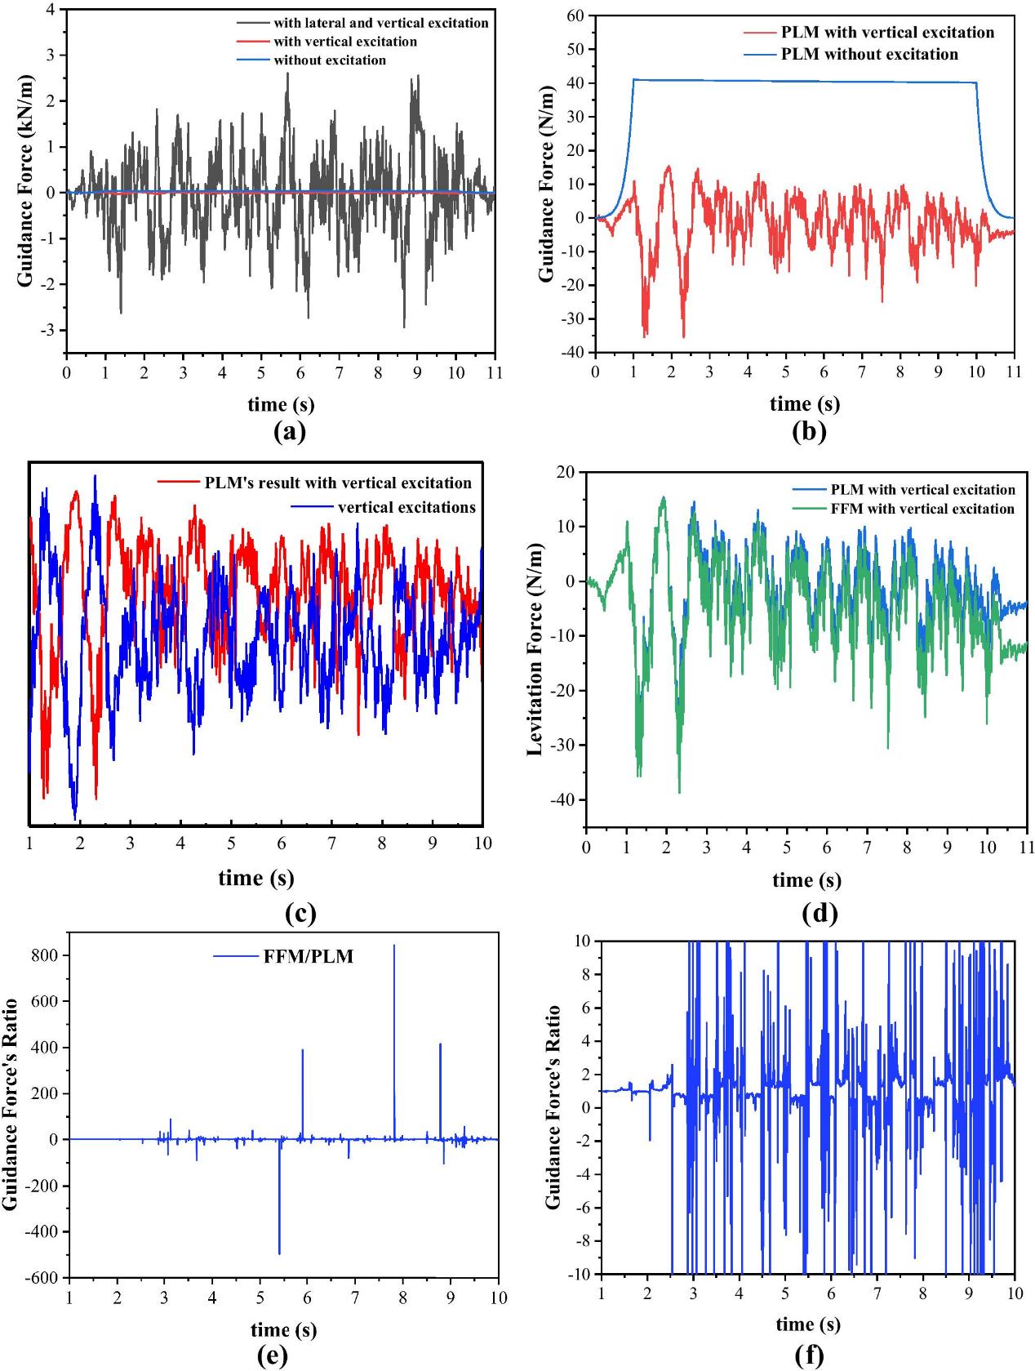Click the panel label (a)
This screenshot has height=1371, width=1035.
coord(289,432)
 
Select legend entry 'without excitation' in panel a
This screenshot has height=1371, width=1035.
coord(330,60)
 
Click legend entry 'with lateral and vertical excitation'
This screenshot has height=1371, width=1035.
coord(380,23)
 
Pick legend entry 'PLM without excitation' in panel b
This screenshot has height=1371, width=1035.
coord(869,55)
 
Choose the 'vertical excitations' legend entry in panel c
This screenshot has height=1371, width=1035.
coord(406,507)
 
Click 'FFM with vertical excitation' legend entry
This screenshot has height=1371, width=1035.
coord(922,509)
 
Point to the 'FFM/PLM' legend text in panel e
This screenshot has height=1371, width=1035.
coord(309,956)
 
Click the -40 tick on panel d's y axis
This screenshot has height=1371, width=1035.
coord(564,800)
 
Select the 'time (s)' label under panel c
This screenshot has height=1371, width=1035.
coord(255,878)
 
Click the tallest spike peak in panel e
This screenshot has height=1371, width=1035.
coord(394,946)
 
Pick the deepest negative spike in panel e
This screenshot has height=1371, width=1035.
coord(279,1253)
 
